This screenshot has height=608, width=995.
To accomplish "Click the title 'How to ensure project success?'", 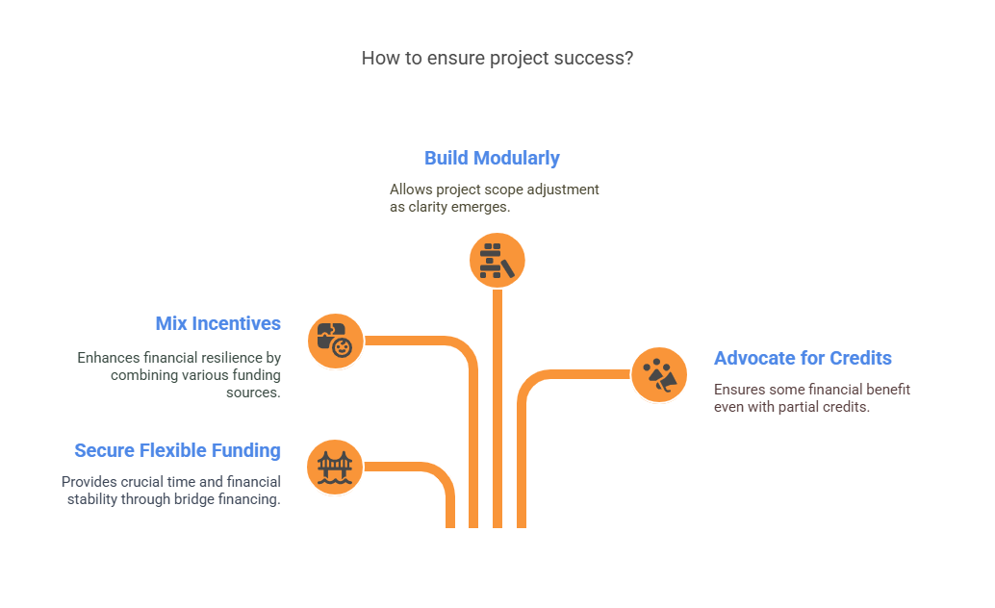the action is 497,59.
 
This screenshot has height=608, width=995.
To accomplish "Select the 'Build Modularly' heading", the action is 492,158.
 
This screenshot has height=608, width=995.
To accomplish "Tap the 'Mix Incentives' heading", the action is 218,323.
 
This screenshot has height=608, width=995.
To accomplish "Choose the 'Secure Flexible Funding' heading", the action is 178,450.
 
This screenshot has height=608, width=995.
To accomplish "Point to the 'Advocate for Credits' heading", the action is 803,358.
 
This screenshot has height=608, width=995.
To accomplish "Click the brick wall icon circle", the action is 497,261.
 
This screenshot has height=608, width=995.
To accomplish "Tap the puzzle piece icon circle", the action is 336,342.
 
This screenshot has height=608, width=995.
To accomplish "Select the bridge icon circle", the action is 335,468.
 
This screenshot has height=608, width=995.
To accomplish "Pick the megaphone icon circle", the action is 659,375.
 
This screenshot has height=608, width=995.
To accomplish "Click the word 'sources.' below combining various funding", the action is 253,393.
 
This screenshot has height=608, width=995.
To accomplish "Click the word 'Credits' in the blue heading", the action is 860,358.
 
